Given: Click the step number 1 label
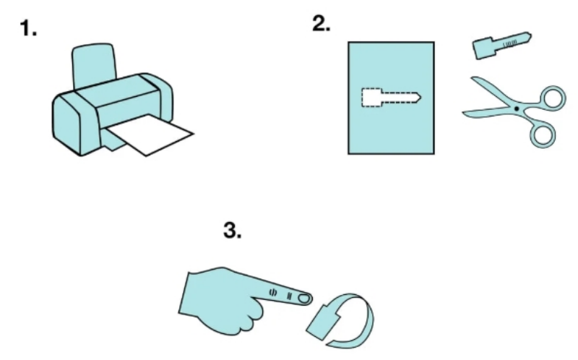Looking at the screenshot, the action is point(28,28).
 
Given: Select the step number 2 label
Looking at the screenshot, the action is point(321,24).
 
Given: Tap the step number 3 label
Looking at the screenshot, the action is point(232,230).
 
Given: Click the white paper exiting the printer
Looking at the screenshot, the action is point(150,135).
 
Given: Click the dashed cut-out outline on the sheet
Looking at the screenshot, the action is point(391,98).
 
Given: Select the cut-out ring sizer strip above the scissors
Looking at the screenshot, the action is point(502,46).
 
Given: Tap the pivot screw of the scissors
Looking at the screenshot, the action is point(517,108).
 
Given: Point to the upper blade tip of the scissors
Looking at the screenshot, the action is point(473,78).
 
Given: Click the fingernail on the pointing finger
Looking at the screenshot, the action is point(304,298).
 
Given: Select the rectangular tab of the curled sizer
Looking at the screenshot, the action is point(323,322).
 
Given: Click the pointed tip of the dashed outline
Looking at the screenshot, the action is point(420,98).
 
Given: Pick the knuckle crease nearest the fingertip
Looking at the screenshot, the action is point(290,296).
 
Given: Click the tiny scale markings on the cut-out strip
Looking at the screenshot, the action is point(510,43).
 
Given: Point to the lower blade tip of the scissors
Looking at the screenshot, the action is point(465,115).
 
